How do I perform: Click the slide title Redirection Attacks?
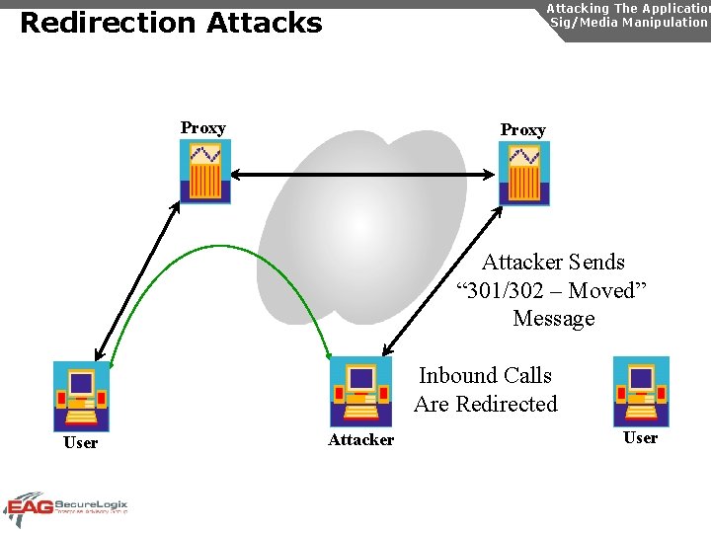pos(171,23)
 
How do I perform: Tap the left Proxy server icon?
pos(205,171)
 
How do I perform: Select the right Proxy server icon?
pos(523,173)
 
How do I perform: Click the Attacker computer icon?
pos(360,391)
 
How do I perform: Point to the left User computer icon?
pos(81,396)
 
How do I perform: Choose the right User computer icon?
pos(641,391)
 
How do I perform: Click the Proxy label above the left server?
pos(202,127)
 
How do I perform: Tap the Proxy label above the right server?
pos(522,129)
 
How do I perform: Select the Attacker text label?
pos(360,440)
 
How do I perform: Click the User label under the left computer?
pos(80,443)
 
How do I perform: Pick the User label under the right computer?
pos(640,438)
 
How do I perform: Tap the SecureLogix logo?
pos(66,507)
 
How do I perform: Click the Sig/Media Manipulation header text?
pos(628,22)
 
